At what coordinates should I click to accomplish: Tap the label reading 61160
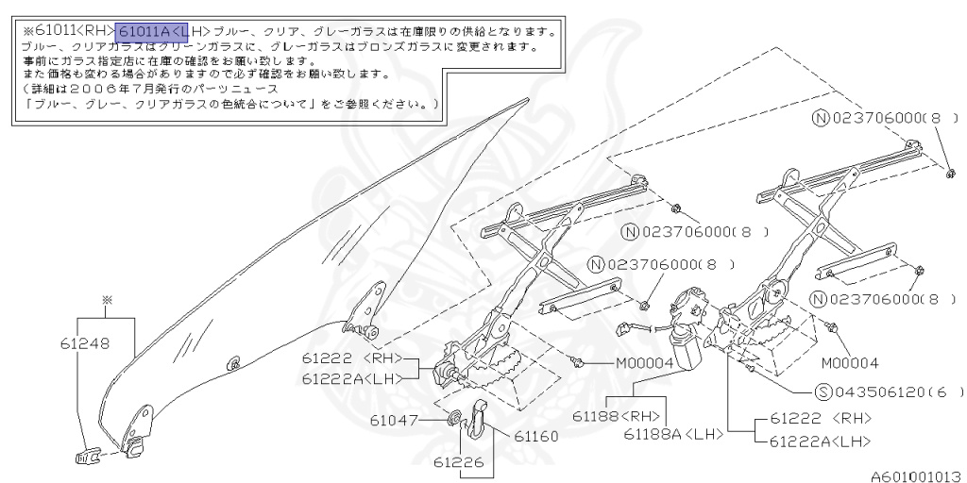tap(536, 436)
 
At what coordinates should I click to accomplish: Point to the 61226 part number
tap(461, 463)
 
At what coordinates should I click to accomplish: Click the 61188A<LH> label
tap(672, 434)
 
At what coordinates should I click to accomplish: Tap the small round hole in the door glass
tap(234, 362)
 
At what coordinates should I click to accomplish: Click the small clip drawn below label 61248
tap(87, 458)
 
